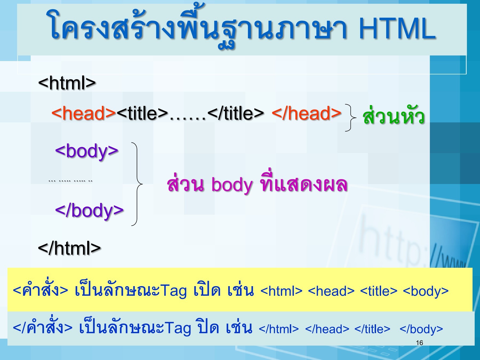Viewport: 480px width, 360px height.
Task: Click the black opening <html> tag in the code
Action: tap(67, 83)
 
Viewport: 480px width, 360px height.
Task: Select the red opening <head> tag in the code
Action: tap(84, 113)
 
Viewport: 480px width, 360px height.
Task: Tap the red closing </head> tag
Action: tap(306, 113)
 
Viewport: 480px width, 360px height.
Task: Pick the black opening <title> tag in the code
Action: tap(142, 113)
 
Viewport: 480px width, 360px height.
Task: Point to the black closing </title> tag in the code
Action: tap(236, 113)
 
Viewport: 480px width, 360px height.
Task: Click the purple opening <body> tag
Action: tap(87, 151)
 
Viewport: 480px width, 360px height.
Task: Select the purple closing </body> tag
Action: tap(89, 210)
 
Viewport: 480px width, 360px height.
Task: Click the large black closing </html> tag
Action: tap(69, 248)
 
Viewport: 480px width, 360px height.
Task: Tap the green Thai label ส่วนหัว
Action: tap(394, 116)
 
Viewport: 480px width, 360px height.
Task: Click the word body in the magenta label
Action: tap(232, 185)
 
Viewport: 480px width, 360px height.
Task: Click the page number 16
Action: tap(419, 343)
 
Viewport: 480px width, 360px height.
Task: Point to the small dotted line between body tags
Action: tap(70, 181)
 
